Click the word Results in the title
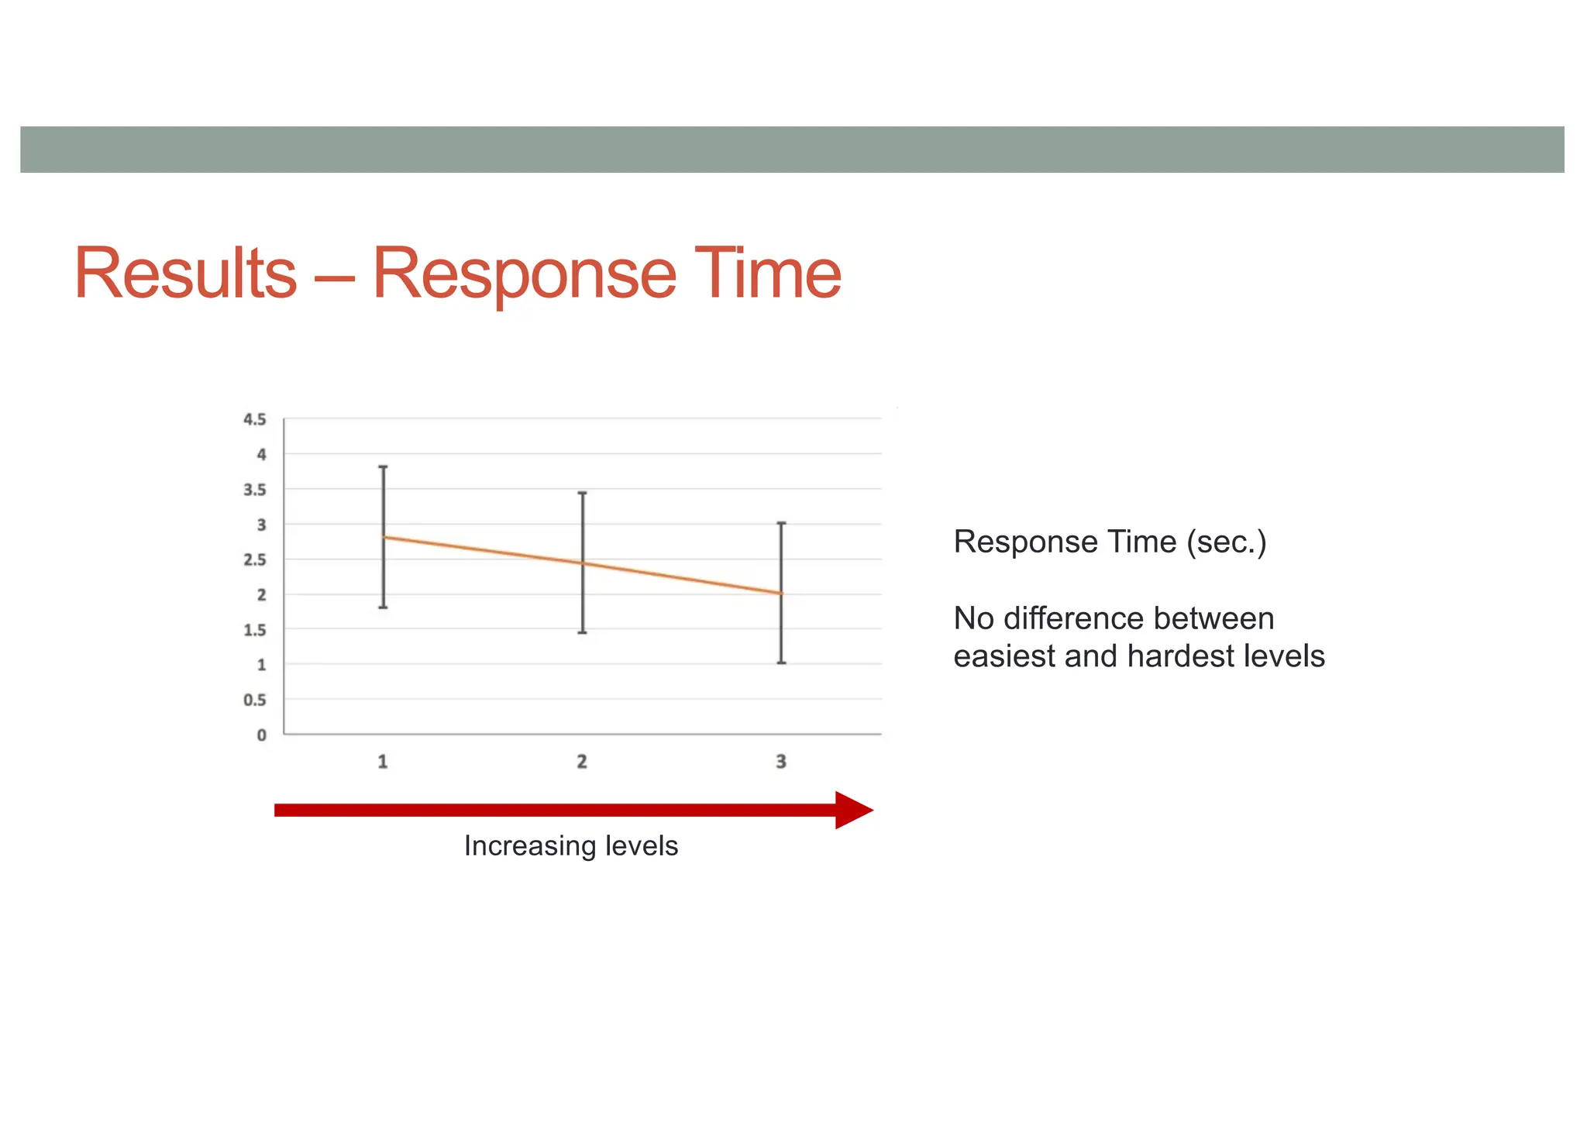point(185,273)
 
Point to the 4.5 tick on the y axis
point(255,419)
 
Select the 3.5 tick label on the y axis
point(255,490)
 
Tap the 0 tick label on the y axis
point(262,735)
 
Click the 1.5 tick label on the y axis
point(255,630)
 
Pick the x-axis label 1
point(383,762)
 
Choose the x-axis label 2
point(582,762)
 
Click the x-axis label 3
point(781,762)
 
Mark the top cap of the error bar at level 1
point(383,467)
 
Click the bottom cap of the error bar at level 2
point(583,633)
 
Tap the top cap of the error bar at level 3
point(782,524)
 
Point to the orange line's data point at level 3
point(782,594)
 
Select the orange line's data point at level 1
point(384,537)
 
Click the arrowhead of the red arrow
point(853,811)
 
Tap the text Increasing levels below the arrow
point(571,846)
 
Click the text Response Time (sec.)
point(1110,542)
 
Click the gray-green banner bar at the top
point(792,150)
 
